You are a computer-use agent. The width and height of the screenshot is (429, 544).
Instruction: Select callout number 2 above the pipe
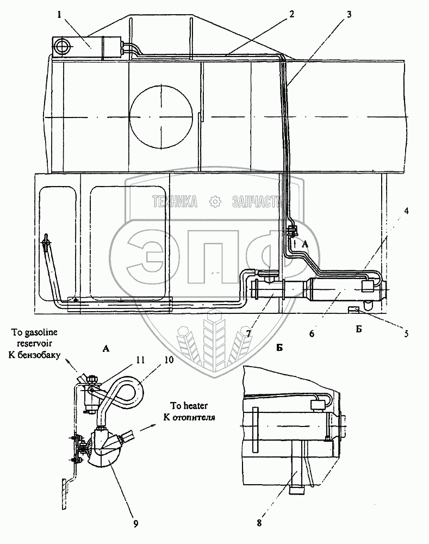pos(291,14)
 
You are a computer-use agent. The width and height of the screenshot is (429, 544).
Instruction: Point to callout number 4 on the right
pos(407,211)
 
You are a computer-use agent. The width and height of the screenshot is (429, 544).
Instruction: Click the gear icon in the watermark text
pos(215,201)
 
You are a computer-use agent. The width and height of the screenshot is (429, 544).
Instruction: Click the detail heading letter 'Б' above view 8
pos(279,348)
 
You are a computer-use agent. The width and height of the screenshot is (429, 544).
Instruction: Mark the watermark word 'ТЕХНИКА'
pos(175,202)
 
